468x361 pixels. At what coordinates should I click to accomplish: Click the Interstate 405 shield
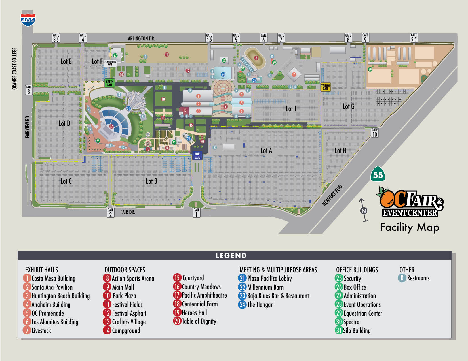pos(28,19)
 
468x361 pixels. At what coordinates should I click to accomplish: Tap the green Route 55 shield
pos(378,175)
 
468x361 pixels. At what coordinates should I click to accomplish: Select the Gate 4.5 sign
pos(209,38)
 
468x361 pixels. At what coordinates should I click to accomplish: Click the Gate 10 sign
pos(375,133)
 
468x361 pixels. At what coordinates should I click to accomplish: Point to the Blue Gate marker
pos(197,156)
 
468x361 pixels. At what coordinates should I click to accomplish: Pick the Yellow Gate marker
pos(325,87)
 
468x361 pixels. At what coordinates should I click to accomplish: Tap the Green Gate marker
pos(109,83)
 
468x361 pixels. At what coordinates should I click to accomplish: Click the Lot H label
pos(340,151)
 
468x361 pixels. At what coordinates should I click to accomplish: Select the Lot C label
pos(66,181)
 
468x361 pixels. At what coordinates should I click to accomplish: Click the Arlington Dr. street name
pos(141,39)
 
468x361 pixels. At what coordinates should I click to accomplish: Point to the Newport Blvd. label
pos(333,195)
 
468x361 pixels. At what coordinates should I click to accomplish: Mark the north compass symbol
pos(364,210)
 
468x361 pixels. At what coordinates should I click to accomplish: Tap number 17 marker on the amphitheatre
pos(111,127)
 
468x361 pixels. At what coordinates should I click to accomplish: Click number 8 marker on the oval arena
pos(256,58)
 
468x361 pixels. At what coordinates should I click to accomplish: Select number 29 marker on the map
pos(370,69)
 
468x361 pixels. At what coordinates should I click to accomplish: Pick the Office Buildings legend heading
pos(357,270)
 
